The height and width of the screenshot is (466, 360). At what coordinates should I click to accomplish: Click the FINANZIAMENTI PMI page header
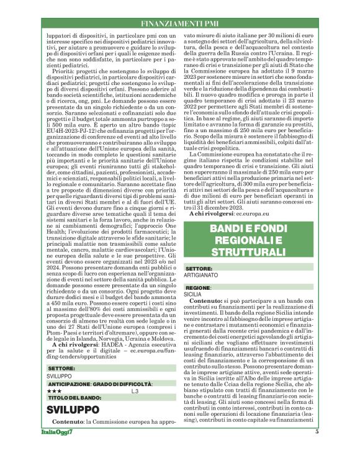click(x=180, y=24)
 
